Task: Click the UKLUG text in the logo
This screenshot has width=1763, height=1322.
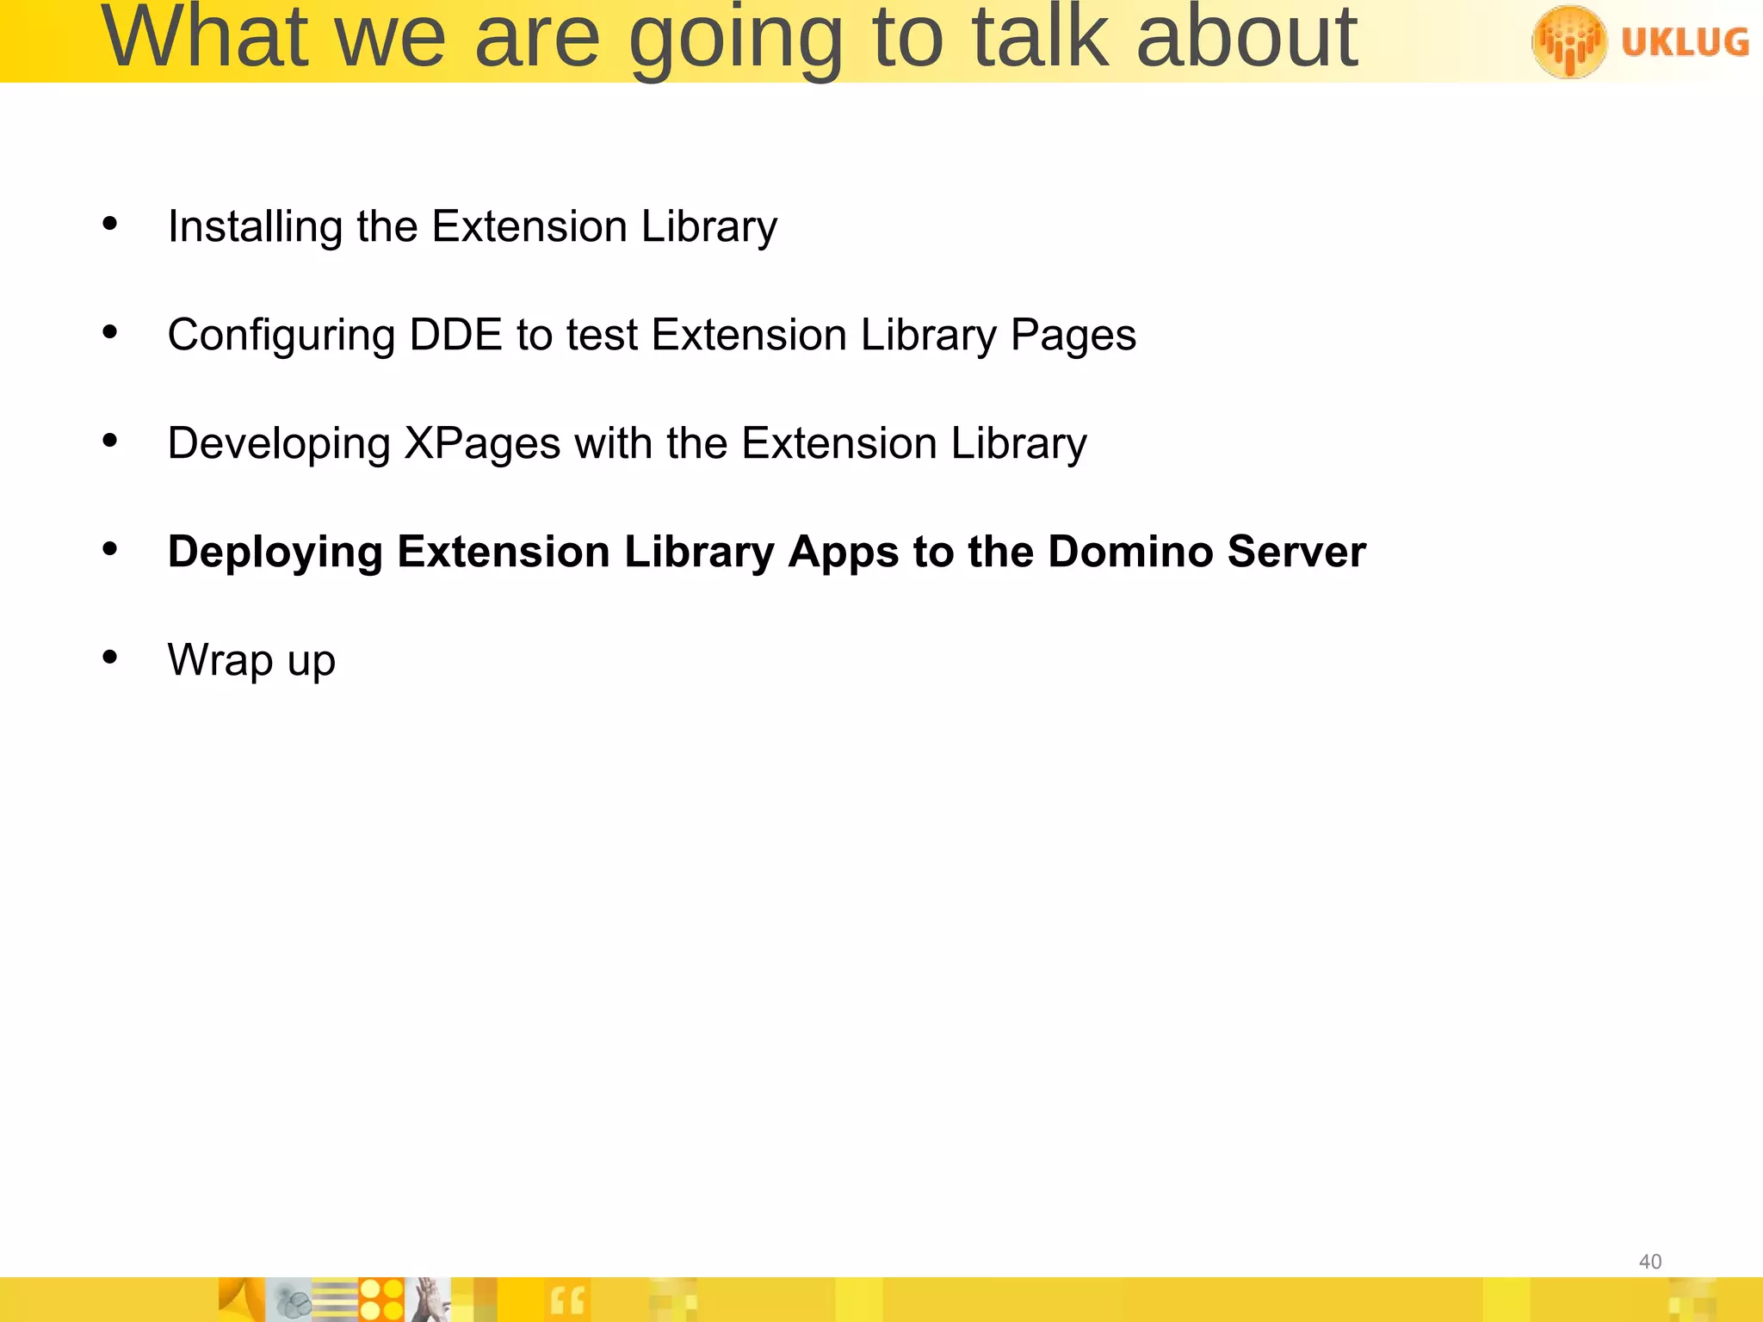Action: [1684, 41]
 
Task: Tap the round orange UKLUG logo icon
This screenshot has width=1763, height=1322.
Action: [1569, 40]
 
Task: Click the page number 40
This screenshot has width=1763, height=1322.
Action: [1649, 1262]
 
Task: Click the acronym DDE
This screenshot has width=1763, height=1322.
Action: [455, 334]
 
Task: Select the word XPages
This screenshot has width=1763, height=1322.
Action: [482, 444]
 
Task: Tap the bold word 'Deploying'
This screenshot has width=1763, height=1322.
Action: [275, 553]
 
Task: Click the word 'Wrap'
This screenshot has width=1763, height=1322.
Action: [220, 661]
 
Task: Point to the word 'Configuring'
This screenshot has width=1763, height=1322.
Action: [281, 336]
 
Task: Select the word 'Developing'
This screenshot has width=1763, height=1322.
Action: [279, 444]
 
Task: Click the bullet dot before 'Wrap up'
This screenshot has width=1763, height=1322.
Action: [109, 658]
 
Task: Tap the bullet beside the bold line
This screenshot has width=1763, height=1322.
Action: [109, 549]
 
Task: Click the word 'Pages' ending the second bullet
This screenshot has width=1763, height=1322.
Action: [1073, 336]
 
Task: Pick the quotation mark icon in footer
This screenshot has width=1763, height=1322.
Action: [567, 1300]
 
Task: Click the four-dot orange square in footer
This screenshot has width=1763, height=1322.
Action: [381, 1300]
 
